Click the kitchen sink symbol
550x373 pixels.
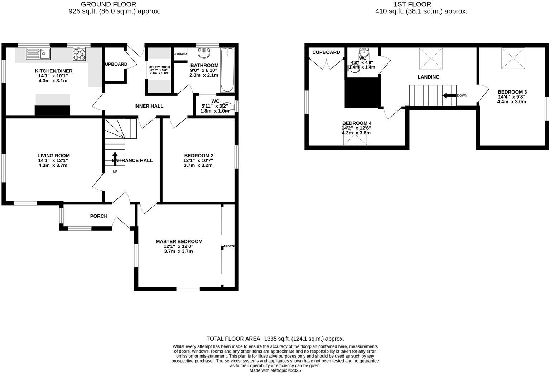[x=38, y=54]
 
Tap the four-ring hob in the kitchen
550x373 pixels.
[x=79, y=54]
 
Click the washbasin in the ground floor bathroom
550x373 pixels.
[x=204, y=53]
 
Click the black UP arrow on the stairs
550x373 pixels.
[x=115, y=158]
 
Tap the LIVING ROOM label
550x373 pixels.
[x=53, y=156]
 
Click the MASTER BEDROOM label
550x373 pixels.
[x=179, y=241]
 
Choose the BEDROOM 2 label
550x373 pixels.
[x=198, y=156]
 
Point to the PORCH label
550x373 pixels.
[x=98, y=216]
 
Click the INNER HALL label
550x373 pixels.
[x=149, y=106]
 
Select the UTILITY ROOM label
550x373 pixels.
[x=159, y=67]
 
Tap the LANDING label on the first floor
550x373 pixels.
[x=428, y=77]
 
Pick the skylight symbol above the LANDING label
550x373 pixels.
[x=431, y=58]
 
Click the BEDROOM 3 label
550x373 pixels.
[x=512, y=92]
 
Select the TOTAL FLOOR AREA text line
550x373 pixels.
[x=275, y=339]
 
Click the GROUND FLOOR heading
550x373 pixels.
[x=108, y=4]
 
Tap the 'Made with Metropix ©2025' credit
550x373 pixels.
[x=275, y=370]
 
